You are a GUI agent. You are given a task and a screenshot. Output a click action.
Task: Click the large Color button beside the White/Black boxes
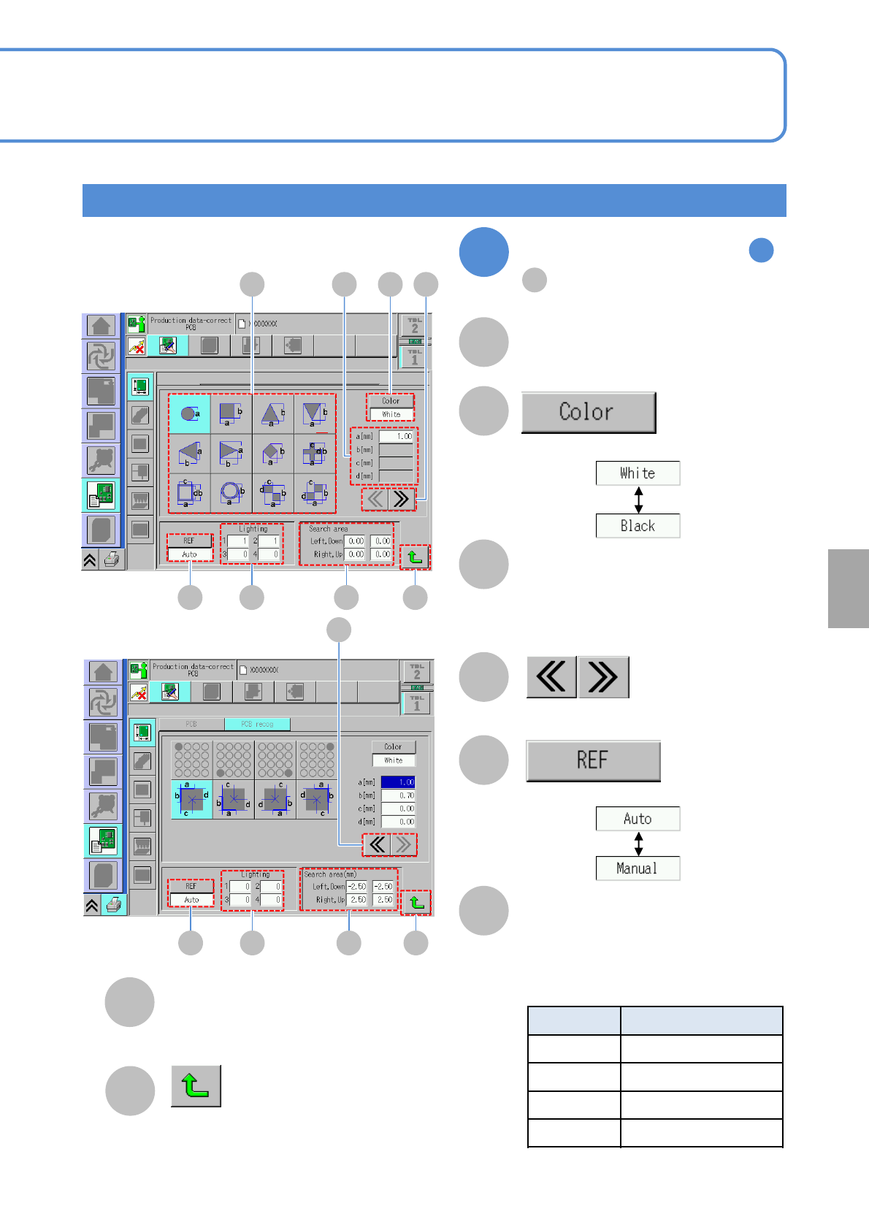point(588,412)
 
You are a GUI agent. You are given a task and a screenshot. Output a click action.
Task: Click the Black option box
point(638,526)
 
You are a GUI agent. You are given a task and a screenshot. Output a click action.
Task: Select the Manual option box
point(638,868)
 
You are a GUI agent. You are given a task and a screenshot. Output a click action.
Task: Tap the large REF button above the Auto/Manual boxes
point(592,760)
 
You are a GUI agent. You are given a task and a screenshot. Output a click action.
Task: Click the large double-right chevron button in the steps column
point(603,677)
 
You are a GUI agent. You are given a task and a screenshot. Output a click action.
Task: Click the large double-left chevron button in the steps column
point(551,677)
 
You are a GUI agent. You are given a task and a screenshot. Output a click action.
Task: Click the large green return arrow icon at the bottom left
point(196,1086)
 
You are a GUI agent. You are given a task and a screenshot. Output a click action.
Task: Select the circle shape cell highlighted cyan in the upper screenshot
point(189,414)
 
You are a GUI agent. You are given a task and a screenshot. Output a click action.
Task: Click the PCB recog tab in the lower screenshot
point(257,724)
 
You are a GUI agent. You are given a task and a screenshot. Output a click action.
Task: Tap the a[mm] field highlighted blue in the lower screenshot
point(398,782)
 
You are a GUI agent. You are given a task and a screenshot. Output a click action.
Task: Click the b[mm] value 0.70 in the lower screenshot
point(398,795)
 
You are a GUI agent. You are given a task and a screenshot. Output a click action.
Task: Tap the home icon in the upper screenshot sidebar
point(102,326)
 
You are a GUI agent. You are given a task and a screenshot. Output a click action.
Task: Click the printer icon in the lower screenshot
point(113,905)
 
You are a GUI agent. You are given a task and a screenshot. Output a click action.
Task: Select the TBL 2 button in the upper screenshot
point(414,325)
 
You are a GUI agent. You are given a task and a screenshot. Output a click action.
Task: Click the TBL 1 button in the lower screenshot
point(416,703)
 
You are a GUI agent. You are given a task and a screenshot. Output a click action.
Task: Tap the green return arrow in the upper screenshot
point(415,557)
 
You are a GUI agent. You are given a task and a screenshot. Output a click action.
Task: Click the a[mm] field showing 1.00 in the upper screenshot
point(397,436)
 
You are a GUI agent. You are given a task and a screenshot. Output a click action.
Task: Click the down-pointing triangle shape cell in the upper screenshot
point(315,414)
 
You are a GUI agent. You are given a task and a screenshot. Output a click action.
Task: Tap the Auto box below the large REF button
point(638,819)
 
